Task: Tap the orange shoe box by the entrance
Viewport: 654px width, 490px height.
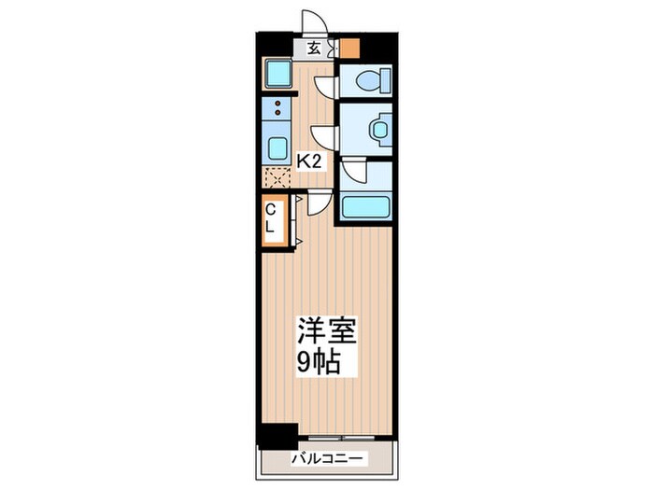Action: [348, 48]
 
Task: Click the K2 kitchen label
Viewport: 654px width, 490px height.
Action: [309, 161]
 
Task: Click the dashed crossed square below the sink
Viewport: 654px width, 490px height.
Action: [278, 175]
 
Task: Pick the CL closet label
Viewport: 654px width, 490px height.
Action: [270, 219]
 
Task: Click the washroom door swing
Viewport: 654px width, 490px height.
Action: [324, 136]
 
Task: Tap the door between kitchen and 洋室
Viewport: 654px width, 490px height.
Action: [320, 200]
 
